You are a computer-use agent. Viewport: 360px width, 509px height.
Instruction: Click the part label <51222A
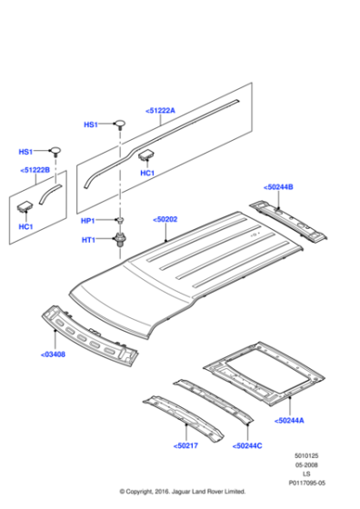point(160,111)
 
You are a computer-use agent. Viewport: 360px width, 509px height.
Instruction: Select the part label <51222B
point(36,170)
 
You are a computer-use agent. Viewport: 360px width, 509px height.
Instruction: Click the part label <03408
point(53,354)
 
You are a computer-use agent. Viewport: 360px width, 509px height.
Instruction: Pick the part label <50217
point(185,445)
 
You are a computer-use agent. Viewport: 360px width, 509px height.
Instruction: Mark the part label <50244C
point(247,445)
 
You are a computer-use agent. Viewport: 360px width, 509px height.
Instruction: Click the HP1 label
point(88,221)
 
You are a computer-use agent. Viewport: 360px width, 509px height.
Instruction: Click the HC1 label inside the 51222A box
point(146,173)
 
